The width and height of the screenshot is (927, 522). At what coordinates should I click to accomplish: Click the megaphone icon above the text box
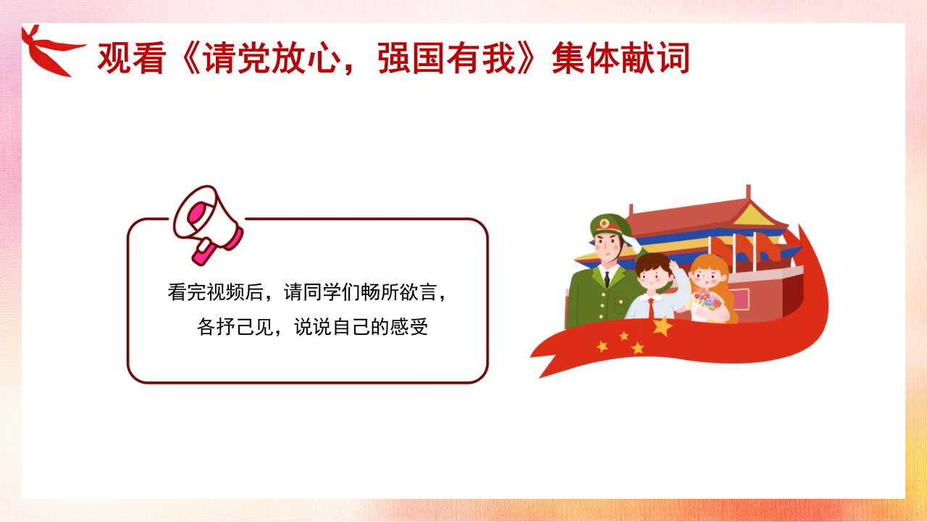(x=207, y=224)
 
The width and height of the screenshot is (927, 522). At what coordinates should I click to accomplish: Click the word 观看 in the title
(x=132, y=58)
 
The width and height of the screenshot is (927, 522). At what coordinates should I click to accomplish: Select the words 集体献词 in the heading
(x=621, y=58)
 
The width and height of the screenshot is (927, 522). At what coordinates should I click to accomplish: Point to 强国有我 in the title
(x=447, y=58)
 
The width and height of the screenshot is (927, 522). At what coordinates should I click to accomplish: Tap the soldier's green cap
(x=609, y=225)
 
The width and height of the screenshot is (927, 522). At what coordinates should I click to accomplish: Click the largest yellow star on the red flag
(x=662, y=326)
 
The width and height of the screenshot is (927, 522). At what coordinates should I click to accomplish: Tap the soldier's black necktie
(x=607, y=279)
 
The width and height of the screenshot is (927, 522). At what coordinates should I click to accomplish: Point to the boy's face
(x=655, y=278)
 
